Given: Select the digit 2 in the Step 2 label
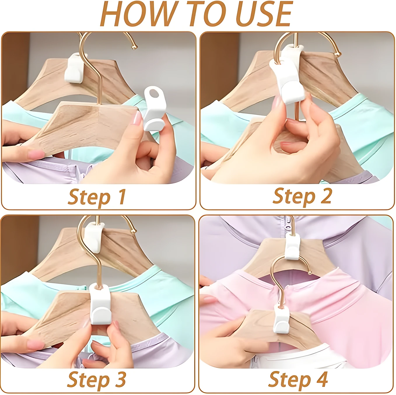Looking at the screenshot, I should (326, 196).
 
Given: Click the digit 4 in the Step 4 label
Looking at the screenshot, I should (322, 379).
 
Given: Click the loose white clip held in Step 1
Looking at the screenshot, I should (155, 109).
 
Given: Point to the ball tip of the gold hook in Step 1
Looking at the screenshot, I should (134, 47).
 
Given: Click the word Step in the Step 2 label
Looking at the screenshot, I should (294, 197).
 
